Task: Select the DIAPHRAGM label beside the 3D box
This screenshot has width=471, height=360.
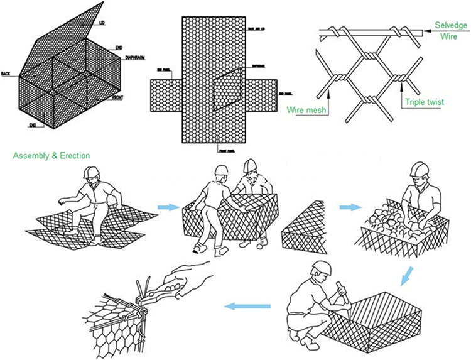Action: tap(135, 57)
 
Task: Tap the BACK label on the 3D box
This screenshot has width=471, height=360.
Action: tap(6, 73)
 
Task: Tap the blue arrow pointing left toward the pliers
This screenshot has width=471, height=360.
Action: tap(248, 306)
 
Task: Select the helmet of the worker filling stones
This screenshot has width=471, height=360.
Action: tap(419, 170)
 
